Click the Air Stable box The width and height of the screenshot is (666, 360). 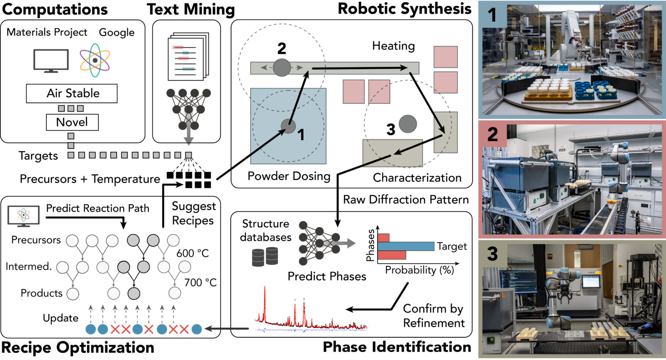pos(72,93)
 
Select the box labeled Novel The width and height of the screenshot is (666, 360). pos(72,122)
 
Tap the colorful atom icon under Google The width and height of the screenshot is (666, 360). pos(95,60)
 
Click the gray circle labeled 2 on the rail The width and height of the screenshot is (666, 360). pos(282,68)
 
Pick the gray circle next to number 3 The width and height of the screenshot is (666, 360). pos(408,124)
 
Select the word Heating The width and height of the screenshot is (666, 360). pos(393,46)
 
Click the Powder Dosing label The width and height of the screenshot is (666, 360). pos(289,176)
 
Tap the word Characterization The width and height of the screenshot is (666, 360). pos(417,178)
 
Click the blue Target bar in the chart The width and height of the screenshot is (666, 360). pos(406,246)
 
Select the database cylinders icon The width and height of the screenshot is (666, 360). pos(265,256)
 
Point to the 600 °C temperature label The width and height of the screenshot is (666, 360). pos(193,253)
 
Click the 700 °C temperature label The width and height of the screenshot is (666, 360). pos(200,283)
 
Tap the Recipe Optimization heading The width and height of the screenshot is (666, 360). pos(78,348)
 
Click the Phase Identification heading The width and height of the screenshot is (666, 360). pos(397,347)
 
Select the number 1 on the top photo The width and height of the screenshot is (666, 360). pos(492,15)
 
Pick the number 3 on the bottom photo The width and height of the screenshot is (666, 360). pos(492,254)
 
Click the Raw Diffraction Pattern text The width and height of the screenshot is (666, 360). pos(406,200)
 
